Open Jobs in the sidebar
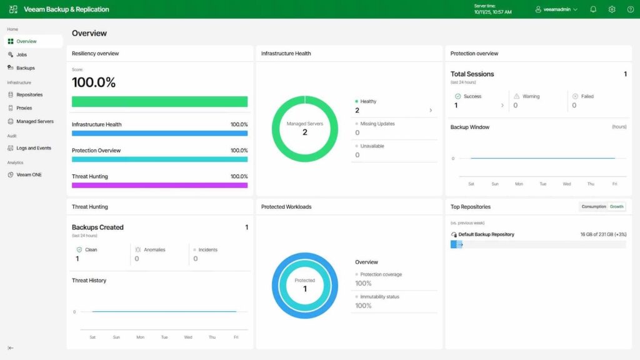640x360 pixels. [x=21, y=55]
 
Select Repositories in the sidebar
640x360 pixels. [x=29, y=95]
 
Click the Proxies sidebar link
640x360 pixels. [x=24, y=108]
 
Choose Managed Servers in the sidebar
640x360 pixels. [x=34, y=121]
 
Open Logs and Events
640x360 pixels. [x=33, y=148]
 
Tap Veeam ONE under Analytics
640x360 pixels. [x=29, y=175]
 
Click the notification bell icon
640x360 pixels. [x=593, y=9]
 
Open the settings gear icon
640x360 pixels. [x=612, y=9]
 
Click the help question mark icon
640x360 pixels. [x=631, y=9]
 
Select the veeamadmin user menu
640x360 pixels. [x=556, y=9]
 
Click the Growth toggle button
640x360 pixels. [x=617, y=207]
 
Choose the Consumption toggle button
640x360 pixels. [x=594, y=207]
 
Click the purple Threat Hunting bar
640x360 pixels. [x=159, y=185]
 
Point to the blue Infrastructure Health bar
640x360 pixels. [x=159, y=133]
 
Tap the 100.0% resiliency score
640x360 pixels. [x=94, y=82]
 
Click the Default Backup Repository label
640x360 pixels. [x=486, y=234]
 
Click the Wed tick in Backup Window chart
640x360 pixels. [x=567, y=184]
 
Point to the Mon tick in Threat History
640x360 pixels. [x=140, y=337]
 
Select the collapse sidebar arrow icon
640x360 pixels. [x=11, y=348]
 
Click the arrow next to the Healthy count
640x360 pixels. [x=430, y=111]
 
